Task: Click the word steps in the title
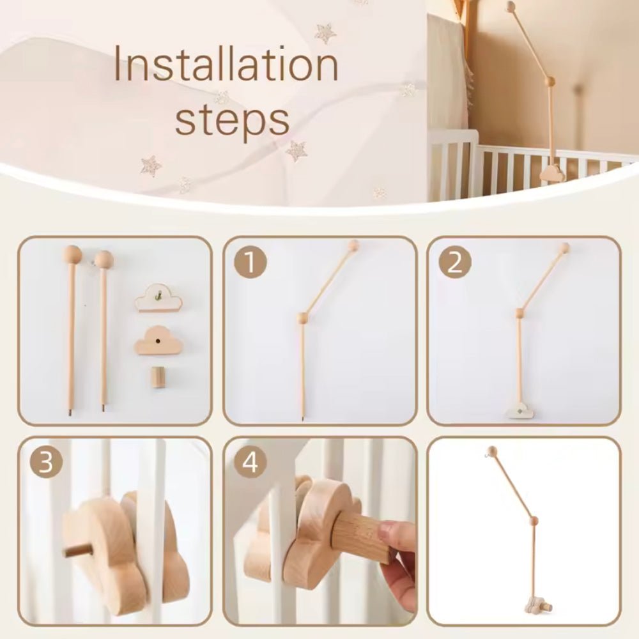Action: (x=232, y=119)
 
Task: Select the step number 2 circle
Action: (x=454, y=263)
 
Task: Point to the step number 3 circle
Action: (x=46, y=463)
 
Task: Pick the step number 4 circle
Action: (x=250, y=463)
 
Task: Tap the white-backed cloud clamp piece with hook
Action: (x=158, y=298)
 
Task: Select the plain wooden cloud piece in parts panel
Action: (x=158, y=340)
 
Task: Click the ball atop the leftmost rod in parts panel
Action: (x=72, y=254)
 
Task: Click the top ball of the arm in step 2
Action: (x=564, y=247)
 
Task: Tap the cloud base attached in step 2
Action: (x=521, y=412)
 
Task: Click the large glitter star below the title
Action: (x=296, y=151)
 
